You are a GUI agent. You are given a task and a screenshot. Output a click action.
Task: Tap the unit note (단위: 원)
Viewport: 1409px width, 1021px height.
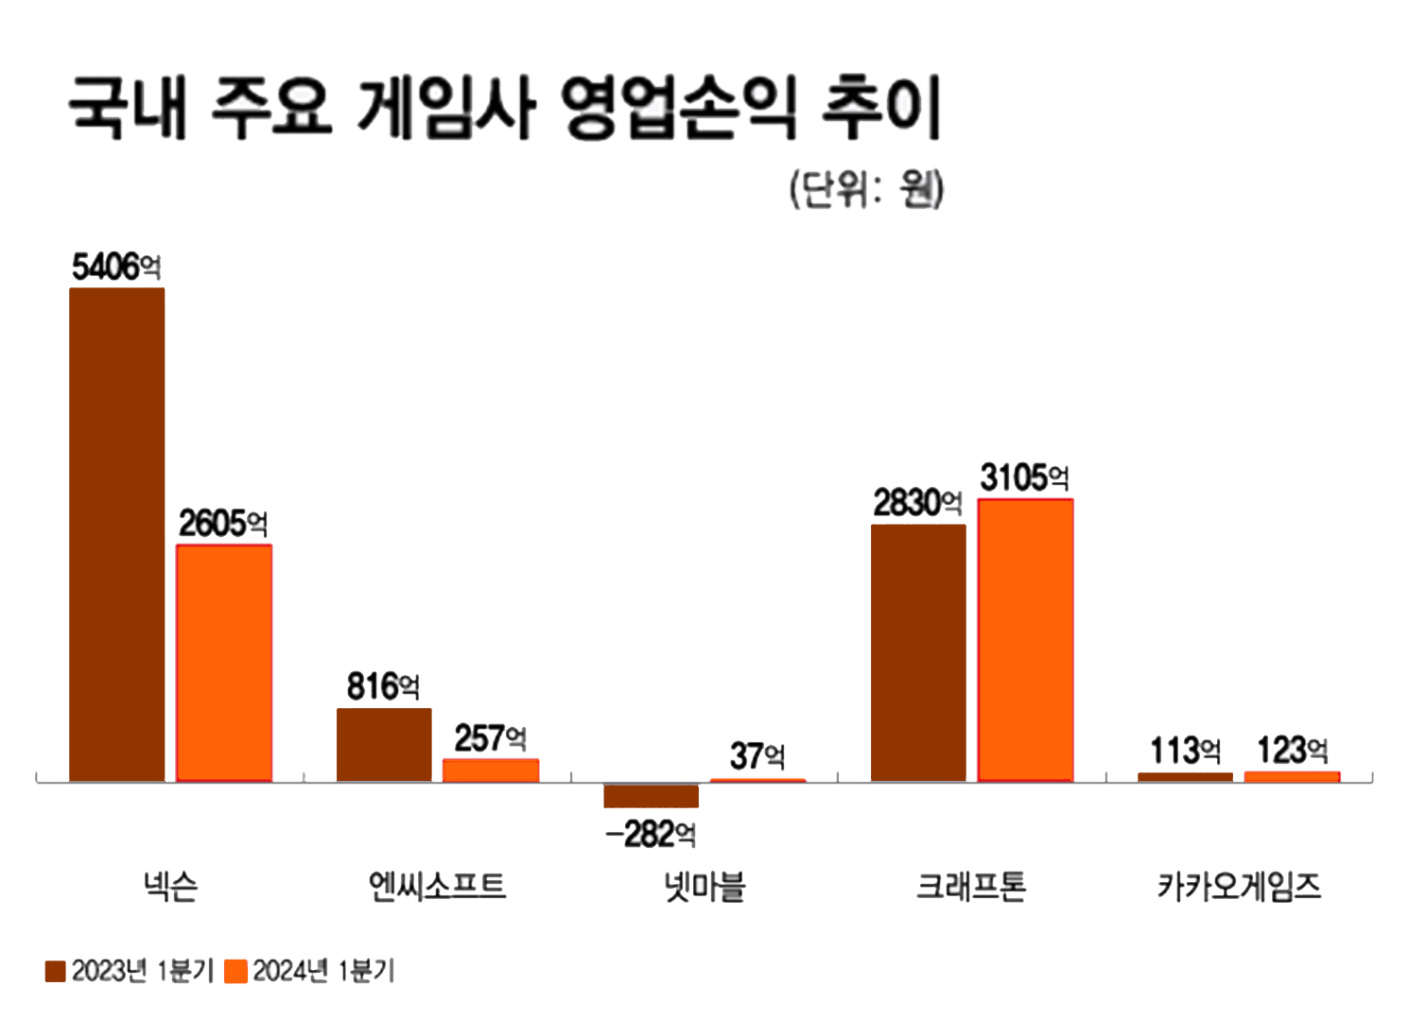pyautogui.click(x=866, y=189)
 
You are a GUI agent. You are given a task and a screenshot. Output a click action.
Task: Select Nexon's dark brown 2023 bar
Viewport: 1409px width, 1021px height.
pyautogui.click(x=117, y=534)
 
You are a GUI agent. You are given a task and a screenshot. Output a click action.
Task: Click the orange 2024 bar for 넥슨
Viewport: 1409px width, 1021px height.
pyautogui.click(x=224, y=663)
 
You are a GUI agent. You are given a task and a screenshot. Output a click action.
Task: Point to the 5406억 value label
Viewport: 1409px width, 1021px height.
pyautogui.click(x=116, y=268)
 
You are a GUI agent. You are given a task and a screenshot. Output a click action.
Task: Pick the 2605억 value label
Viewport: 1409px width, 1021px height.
pyautogui.click(x=223, y=524)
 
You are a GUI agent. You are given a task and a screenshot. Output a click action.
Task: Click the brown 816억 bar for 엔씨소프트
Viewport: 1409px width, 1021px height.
pyautogui.click(x=384, y=745)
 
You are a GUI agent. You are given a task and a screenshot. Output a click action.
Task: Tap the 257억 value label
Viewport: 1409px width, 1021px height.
pyautogui.click(x=490, y=738)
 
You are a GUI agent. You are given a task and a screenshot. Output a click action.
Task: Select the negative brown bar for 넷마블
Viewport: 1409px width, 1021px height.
pyautogui.click(x=652, y=796)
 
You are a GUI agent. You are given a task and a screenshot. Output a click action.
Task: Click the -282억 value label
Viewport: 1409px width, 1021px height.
pyautogui.click(x=652, y=835)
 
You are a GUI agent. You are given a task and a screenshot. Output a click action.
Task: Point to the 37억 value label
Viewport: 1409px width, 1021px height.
pyautogui.click(x=757, y=756)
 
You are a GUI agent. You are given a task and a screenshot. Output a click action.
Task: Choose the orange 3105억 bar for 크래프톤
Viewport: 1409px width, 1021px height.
pyautogui.click(x=1025, y=640)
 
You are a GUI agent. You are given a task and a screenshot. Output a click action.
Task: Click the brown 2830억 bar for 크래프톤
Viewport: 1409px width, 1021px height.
pyautogui.click(x=918, y=652)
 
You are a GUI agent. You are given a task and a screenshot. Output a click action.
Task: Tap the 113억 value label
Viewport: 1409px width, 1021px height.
pyautogui.click(x=1185, y=752)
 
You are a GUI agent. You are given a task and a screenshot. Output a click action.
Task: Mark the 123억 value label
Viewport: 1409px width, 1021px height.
pyautogui.click(x=1292, y=751)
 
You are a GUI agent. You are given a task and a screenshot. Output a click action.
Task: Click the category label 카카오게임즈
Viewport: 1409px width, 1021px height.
pyautogui.click(x=1239, y=887)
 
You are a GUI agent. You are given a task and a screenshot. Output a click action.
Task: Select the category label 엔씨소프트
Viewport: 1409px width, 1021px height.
pyautogui.click(x=437, y=887)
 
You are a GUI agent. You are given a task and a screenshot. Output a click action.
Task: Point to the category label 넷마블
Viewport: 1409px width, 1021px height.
pyautogui.click(x=704, y=887)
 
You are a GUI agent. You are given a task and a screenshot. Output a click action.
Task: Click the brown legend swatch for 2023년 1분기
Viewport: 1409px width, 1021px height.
pyautogui.click(x=56, y=971)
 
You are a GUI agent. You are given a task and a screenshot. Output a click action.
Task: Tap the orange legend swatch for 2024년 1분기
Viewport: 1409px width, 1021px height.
pyautogui.click(x=236, y=971)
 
